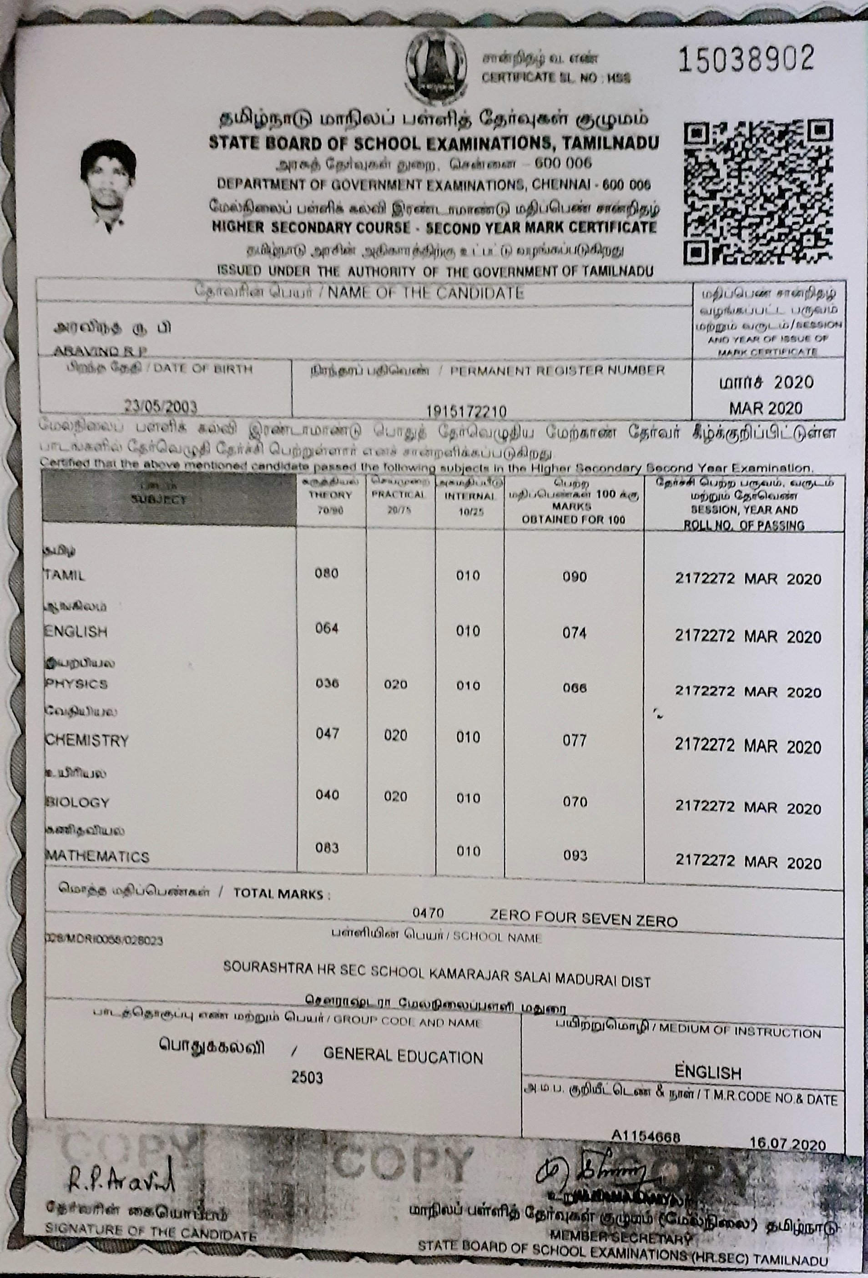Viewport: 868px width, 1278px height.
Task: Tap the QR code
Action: tap(757, 193)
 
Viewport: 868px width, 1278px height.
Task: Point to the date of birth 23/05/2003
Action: tap(160, 407)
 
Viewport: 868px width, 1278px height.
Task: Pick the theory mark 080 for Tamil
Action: tap(327, 574)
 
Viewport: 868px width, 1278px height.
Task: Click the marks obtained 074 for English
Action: tap(574, 633)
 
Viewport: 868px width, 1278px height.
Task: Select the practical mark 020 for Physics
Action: tap(395, 685)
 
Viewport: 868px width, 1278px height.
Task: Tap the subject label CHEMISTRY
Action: tap(86, 741)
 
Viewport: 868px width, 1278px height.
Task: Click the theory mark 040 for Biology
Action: tap(327, 795)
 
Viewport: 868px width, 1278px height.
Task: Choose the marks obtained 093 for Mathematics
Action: tap(575, 856)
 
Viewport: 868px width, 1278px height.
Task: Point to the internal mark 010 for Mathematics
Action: tap(468, 851)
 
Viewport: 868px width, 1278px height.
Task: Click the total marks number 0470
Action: tap(428, 914)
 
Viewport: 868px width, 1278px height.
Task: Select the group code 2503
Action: tap(307, 1077)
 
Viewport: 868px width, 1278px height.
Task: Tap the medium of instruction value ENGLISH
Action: tap(707, 1072)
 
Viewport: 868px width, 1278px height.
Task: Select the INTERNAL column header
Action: tap(469, 496)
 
